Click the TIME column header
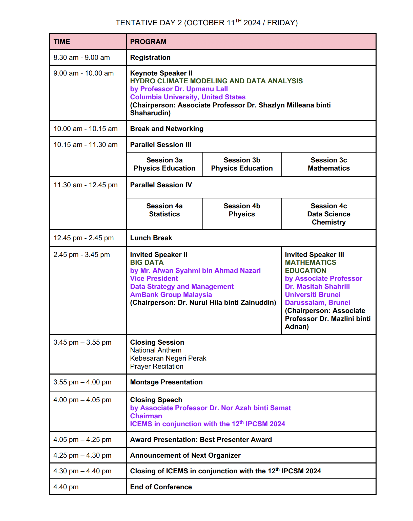coord(62,42)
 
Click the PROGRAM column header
coord(148,42)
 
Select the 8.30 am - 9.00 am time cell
coord(81,58)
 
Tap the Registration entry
coord(150,58)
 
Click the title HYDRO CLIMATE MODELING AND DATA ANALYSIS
coord(216,81)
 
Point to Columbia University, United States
coord(188,97)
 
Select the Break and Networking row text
coord(167,129)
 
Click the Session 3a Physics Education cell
coord(164,164)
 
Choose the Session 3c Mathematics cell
coord(328,164)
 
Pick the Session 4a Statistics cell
coord(164,210)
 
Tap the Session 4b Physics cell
coord(242,210)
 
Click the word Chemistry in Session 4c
coord(328,222)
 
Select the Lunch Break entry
coord(151,238)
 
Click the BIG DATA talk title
coord(147,263)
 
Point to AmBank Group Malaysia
coord(171,295)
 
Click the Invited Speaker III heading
coord(314,255)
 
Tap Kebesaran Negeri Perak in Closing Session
coord(168,358)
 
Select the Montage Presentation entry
coord(166,382)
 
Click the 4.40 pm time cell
coord(66,487)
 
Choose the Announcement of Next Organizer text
coord(185,455)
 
